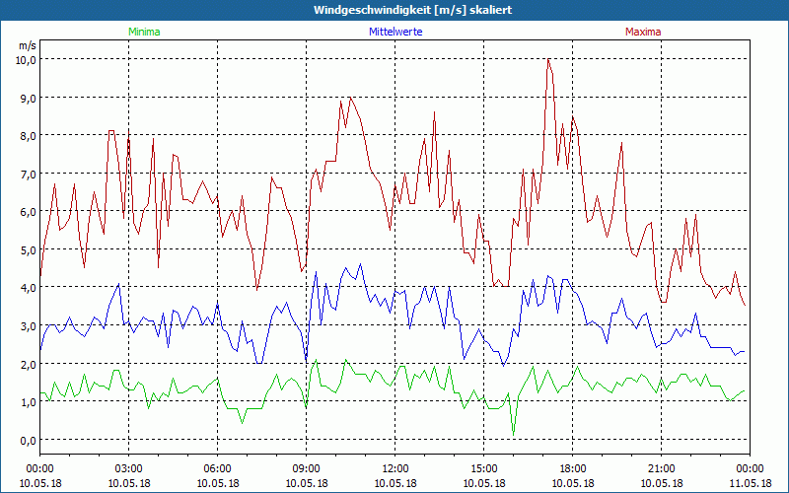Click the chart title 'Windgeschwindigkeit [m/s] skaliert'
pos(394,10)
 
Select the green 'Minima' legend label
pos(144,32)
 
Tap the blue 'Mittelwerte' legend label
pos(394,32)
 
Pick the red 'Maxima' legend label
pos(643,32)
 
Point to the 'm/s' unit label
pos(27,45)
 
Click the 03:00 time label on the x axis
pos(129,468)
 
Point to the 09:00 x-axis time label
pos(307,468)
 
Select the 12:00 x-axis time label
pos(395,468)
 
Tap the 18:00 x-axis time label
pos(573,468)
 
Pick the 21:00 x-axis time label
pos(662,468)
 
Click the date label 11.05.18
pos(750,483)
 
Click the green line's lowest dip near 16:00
pos(514,435)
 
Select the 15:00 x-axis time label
pos(484,468)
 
